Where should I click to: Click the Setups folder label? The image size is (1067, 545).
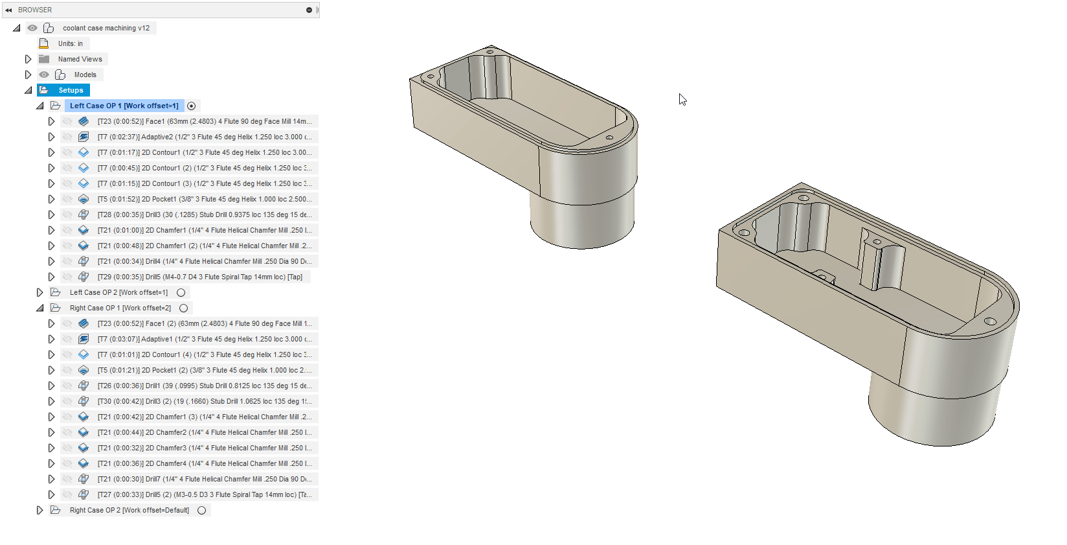pos(71,90)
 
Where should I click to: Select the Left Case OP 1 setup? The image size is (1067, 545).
pos(124,106)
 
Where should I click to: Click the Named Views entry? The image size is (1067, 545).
pos(80,59)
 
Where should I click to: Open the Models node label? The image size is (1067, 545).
pos(85,75)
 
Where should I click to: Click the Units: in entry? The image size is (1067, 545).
pos(70,43)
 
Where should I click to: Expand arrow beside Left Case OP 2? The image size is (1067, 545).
pos(39,292)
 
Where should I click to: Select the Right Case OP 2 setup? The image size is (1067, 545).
pos(129,510)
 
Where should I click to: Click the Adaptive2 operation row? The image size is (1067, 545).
pos(204,137)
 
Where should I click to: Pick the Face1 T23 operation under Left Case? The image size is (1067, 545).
pos(204,121)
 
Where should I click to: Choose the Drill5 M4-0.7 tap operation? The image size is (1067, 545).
pos(199,277)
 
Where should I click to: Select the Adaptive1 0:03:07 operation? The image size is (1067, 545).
pos(204,339)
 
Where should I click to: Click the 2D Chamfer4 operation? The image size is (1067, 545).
pos(204,463)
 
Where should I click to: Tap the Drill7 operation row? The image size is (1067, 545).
pos(204,479)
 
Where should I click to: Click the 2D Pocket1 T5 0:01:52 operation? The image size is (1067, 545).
pos(204,199)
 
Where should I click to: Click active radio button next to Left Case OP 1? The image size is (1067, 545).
pos(191,106)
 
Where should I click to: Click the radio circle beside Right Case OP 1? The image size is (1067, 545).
pos(184,308)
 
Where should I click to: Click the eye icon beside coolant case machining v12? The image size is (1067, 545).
pos(32,28)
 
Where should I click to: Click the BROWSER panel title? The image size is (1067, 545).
pos(35,10)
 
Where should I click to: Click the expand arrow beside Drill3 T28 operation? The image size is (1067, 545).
pos(51,215)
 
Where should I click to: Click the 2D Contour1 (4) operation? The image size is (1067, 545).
pos(204,354)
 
